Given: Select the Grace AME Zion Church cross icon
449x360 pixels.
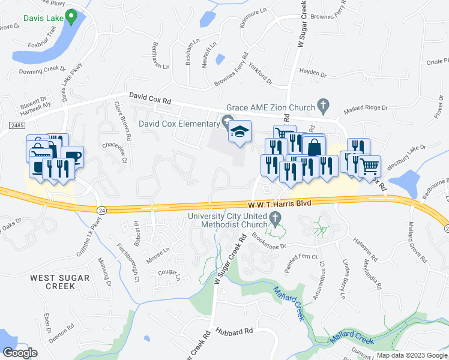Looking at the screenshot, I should click(323, 107).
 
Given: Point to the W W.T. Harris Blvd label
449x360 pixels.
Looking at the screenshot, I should click(279, 203).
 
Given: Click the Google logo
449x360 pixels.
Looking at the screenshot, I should click(20, 352).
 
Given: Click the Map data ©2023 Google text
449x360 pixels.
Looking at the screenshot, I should click(412, 355).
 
